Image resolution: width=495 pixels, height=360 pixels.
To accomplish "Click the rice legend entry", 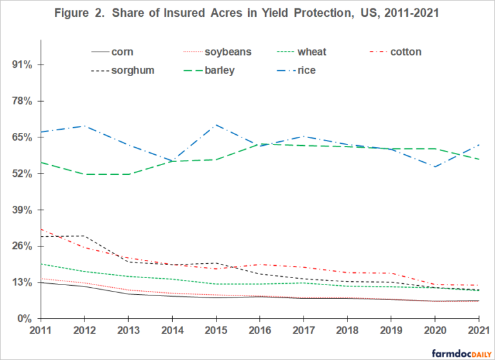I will point(304,70).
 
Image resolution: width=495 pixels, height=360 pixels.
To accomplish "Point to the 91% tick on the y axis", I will point(23,65).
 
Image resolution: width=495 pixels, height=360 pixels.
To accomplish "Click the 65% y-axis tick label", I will point(23,137).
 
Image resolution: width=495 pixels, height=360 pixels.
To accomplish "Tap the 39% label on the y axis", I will point(23,210).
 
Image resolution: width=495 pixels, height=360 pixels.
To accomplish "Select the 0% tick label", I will point(25,319).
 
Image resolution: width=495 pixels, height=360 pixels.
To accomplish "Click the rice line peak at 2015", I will point(216,125).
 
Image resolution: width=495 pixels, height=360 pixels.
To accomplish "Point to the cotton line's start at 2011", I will point(41,229).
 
